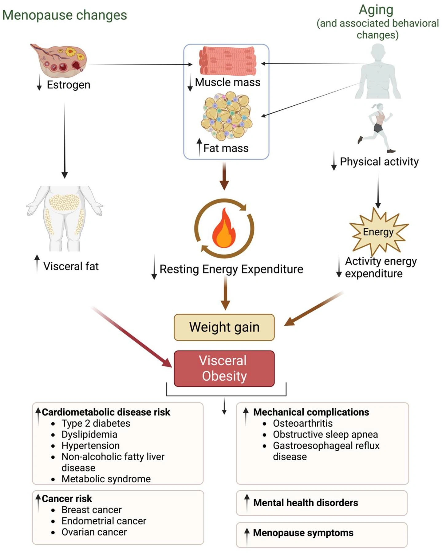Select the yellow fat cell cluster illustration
227,116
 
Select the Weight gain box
224,327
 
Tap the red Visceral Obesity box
224,368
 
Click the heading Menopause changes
65,15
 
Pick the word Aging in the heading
376,10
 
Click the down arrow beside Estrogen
39,84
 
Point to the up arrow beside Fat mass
199,147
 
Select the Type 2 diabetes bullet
96,423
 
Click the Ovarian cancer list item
94,532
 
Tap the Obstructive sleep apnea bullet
325,434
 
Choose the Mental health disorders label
306,503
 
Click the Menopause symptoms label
303,533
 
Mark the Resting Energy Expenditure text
231,269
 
